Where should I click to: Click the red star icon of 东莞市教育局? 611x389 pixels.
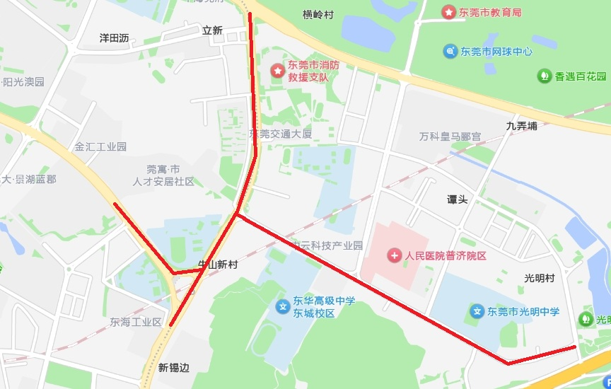tap(448, 12)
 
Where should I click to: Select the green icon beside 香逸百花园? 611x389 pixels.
tap(544, 75)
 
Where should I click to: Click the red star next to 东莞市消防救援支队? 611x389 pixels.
tap(278, 71)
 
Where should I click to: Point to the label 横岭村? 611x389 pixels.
tap(318, 14)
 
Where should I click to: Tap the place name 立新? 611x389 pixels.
tap(212, 30)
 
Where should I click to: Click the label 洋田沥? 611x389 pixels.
tap(114, 38)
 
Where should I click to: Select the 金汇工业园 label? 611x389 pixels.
tap(100, 147)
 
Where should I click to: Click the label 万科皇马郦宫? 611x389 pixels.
tap(450, 136)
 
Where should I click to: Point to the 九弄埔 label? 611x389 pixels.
tap(522, 126)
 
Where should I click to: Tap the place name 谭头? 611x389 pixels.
tap(457, 199)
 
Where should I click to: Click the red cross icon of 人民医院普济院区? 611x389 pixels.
tap(394, 255)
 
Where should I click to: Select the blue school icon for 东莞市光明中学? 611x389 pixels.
tap(477, 311)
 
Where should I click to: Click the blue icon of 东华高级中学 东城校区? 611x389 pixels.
tap(282, 307)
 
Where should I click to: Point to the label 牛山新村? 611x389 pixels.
tap(217, 265)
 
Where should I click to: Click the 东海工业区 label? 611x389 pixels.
tap(136, 322)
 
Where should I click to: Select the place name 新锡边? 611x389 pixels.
tap(174, 368)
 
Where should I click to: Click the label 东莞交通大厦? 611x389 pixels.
tap(281, 134)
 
